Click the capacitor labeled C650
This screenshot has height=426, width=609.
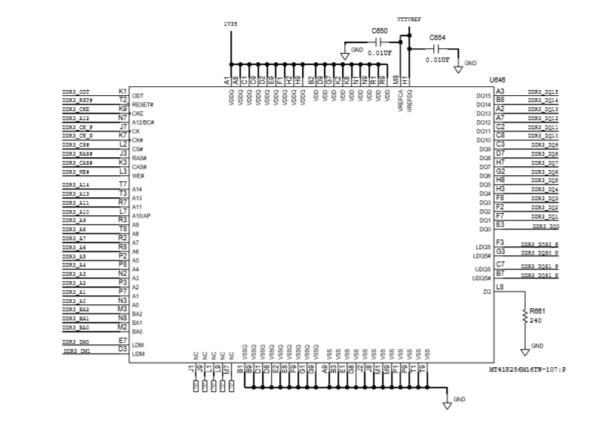pyautogui.click(x=380, y=42)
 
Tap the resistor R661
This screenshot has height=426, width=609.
pyautogui.click(x=524, y=317)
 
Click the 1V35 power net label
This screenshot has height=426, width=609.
pyautogui.click(x=229, y=23)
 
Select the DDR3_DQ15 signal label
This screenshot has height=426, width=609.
pyautogui.click(x=543, y=91)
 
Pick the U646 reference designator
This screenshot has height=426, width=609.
pyautogui.click(x=497, y=80)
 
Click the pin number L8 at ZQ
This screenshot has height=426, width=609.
pyautogui.click(x=500, y=286)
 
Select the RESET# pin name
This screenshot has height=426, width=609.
pyautogui.click(x=143, y=105)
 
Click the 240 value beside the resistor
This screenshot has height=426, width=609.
pyautogui.click(x=535, y=320)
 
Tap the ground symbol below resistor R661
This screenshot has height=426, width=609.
pyautogui.click(x=525, y=350)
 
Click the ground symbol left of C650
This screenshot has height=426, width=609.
pyautogui.click(x=345, y=54)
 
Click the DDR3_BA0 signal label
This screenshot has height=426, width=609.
pyautogui.click(x=76, y=329)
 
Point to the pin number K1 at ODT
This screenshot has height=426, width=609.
pyautogui.click(x=122, y=91)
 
